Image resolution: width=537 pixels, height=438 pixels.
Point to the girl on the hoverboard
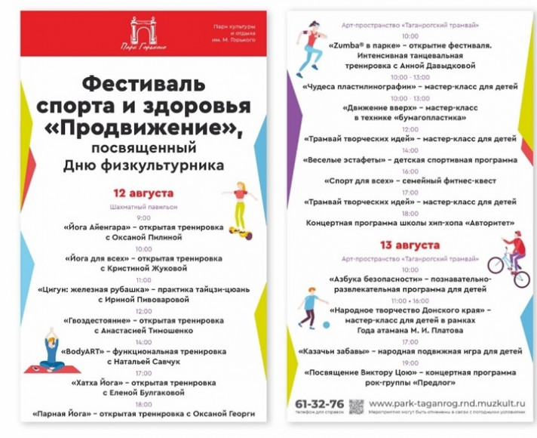(x=239, y=203)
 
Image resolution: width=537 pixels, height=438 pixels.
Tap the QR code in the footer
(x=356, y=406)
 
